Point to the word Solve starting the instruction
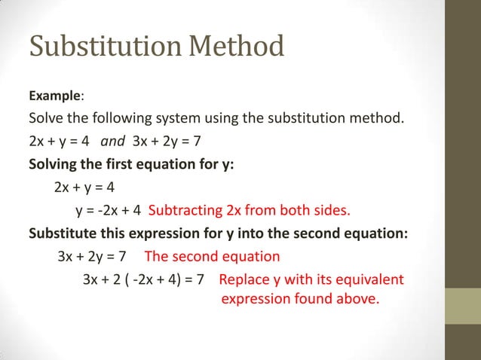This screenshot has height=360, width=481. click(46, 119)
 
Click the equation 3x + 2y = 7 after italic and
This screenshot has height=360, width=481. click(162, 142)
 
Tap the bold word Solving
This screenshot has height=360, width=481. click(54, 164)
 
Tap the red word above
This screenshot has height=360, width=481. click(357, 299)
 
